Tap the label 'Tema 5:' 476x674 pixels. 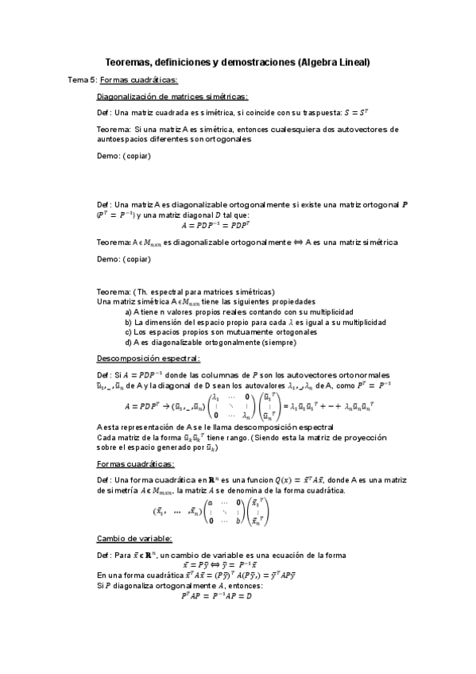click(x=83, y=80)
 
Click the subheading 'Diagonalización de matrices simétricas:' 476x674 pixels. click(x=172, y=97)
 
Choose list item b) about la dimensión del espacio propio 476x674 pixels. click(x=255, y=323)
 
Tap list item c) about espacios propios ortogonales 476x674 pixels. click(x=220, y=333)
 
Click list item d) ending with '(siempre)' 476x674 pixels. click(x=210, y=343)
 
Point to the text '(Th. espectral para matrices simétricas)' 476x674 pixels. click(x=204, y=292)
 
